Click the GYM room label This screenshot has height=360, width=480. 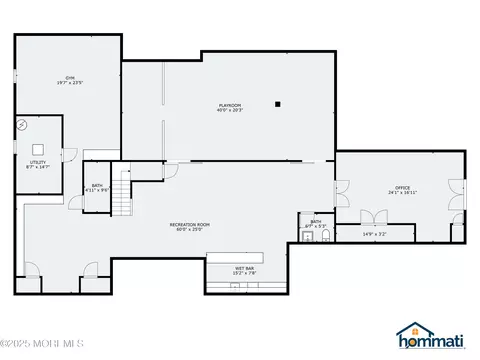coord(68,77)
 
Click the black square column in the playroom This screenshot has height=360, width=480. coord(280,103)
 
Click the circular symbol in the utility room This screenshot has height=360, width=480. coord(23,125)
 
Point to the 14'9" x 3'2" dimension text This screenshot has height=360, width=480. coord(374,235)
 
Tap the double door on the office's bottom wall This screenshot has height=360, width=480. coord(374,219)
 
